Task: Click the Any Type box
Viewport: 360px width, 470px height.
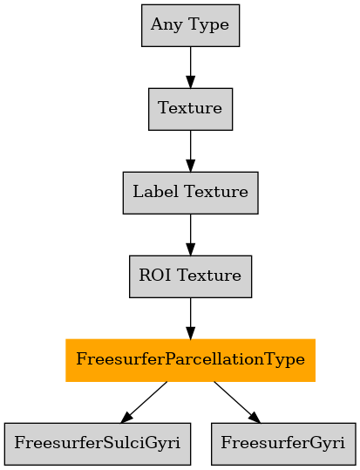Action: [x=190, y=25]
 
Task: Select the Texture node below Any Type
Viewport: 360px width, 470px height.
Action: [x=190, y=109]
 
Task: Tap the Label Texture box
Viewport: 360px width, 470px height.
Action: [x=190, y=193]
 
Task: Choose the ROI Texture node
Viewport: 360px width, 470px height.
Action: [x=190, y=276]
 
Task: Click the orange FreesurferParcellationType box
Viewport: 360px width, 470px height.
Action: [x=190, y=360]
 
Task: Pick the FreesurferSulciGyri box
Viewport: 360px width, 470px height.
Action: [x=98, y=444]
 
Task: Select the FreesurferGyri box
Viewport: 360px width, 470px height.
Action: [x=283, y=444]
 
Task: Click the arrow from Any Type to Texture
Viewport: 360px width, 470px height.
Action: [x=190, y=67]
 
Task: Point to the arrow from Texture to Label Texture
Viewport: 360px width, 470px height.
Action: [x=190, y=151]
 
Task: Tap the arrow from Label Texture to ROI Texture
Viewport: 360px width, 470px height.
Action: [x=190, y=235]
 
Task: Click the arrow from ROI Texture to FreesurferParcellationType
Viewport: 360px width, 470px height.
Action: [x=190, y=318]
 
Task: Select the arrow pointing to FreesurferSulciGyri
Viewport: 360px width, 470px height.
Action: [x=144, y=402]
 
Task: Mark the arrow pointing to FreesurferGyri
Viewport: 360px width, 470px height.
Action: [x=237, y=402]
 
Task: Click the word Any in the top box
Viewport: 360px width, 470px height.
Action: [x=166, y=25]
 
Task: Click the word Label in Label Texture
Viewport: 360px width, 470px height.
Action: [x=155, y=191]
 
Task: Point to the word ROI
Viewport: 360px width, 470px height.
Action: [x=154, y=275]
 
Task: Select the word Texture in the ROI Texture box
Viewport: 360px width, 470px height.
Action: [x=209, y=276]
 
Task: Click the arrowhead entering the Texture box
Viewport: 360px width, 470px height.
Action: [x=190, y=82]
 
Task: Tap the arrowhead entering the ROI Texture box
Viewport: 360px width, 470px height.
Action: [x=190, y=249]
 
